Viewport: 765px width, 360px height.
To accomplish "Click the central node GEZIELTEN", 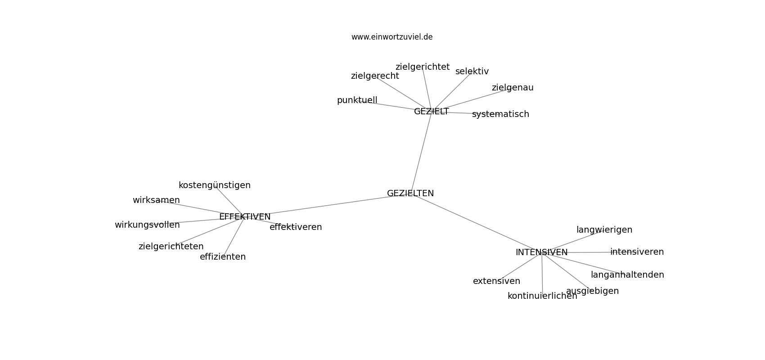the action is point(410,193).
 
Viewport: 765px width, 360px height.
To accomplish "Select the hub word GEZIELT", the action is point(431,112).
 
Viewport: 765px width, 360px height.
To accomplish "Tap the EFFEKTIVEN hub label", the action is point(245,217).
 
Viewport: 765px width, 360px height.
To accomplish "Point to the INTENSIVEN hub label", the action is point(542,252).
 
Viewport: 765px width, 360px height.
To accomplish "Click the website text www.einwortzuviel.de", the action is point(392,37).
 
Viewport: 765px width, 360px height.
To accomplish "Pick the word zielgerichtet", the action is point(423,67).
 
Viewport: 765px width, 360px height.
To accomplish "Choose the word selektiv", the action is point(472,72).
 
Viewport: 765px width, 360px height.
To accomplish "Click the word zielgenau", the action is point(513,88).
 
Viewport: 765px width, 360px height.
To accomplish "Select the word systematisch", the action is point(501,114).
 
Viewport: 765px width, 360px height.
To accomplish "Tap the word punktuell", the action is point(357,100).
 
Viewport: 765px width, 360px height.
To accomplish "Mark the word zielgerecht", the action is point(375,76).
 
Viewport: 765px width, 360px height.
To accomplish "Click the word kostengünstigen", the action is point(215,185).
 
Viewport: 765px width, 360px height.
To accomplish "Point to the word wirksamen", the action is point(156,200).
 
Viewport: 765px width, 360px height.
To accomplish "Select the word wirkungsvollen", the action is point(147,225).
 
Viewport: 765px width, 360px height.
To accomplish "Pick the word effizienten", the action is point(223,257).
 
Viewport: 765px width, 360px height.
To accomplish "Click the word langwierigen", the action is point(604,230).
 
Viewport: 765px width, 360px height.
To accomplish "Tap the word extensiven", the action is point(496,281).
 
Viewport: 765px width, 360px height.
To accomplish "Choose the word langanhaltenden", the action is point(627,275).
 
